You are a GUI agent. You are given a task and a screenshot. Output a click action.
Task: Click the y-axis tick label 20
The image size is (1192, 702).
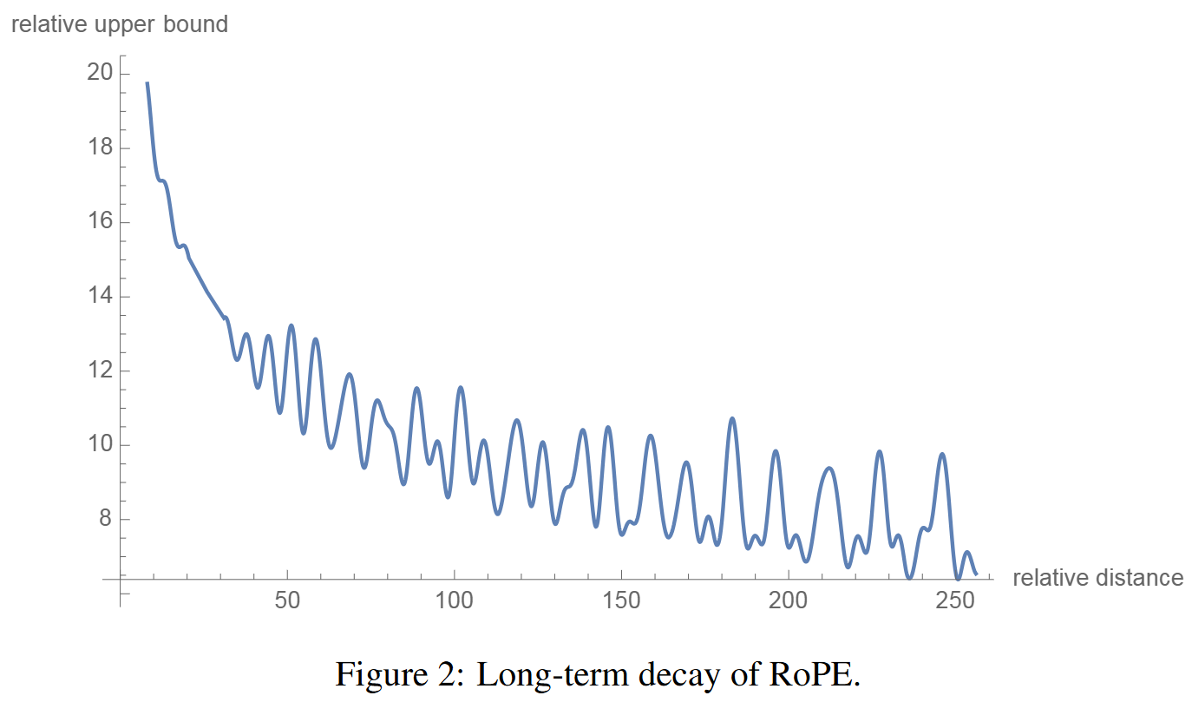click(99, 73)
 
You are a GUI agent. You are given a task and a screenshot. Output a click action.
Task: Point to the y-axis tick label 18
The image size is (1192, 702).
click(99, 148)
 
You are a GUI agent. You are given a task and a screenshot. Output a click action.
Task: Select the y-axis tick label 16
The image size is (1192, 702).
click(99, 222)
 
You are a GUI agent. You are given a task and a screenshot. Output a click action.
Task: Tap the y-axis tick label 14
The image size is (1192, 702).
click(99, 297)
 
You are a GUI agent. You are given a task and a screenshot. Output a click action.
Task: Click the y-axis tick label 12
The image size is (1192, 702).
click(99, 371)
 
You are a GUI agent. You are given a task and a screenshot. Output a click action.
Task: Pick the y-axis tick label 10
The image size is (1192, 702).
click(99, 445)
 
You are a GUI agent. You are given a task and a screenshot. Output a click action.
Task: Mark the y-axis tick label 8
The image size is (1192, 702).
click(104, 520)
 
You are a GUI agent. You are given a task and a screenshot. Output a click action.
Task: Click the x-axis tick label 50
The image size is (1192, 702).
click(287, 601)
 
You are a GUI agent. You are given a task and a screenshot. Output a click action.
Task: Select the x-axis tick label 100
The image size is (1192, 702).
click(454, 601)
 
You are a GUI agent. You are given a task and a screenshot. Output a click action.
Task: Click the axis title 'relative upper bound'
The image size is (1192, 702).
click(119, 24)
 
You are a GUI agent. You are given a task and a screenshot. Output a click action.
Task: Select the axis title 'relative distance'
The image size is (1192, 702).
click(1097, 578)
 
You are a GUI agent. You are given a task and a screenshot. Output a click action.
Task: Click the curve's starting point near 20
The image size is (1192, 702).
click(147, 82)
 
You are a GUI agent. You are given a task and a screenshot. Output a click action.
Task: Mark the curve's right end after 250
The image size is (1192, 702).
click(976, 574)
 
